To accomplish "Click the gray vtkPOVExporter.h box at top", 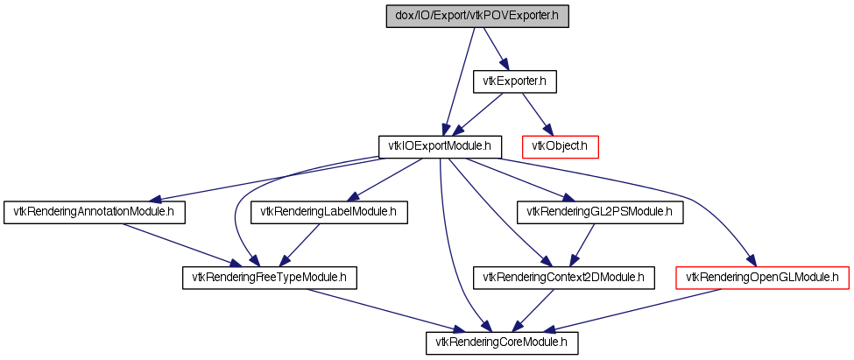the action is [477, 17].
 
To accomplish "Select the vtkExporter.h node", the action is [514, 81].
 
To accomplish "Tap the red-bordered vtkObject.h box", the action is [561, 147].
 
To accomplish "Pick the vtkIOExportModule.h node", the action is [440, 147].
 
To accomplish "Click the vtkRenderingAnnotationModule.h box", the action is [95, 212].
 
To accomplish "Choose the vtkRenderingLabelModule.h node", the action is [329, 212].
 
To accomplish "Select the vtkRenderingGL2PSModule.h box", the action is [599, 212].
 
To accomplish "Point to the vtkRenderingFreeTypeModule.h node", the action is [269, 278].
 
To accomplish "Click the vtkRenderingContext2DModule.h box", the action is [564, 278].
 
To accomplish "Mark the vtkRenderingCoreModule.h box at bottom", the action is [502, 343].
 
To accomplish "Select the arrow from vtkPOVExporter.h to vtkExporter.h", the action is [495, 49].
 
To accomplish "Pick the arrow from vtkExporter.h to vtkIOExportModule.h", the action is [478, 115].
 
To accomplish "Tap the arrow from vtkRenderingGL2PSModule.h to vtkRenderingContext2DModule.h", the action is [581, 245].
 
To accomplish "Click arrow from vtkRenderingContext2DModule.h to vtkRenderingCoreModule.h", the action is [533, 310].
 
